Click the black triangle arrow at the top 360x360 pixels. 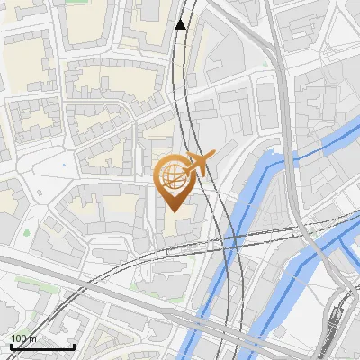point(181,24)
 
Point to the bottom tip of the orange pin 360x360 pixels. point(173,211)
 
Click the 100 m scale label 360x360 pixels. point(24,338)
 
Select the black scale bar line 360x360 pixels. point(42,346)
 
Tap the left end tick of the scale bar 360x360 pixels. point(11,345)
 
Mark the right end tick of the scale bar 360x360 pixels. point(74,345)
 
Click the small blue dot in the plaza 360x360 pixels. point(64,166)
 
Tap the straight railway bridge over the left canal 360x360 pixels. point(232,239)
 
